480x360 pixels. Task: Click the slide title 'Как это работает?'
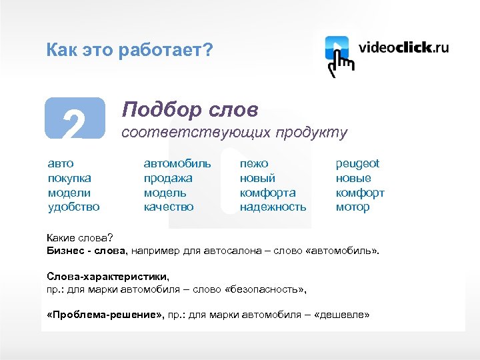[129, 50]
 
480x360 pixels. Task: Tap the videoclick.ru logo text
[403, 48]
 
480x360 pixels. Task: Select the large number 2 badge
[75, 120]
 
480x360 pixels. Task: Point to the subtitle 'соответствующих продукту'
[233, 133]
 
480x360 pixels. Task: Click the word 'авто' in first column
[61, 163]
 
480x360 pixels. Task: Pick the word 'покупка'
[69, 178]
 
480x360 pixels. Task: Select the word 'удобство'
[73, 207]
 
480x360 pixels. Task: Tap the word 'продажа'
[168, 178]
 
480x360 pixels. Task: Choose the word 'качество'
[169, 207]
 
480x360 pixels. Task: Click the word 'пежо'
[254, 163]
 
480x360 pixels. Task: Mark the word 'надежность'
[273, 207]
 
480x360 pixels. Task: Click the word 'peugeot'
[357, 163]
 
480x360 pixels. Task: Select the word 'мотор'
[353, 207]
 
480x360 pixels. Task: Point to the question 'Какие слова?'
[80, 238]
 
